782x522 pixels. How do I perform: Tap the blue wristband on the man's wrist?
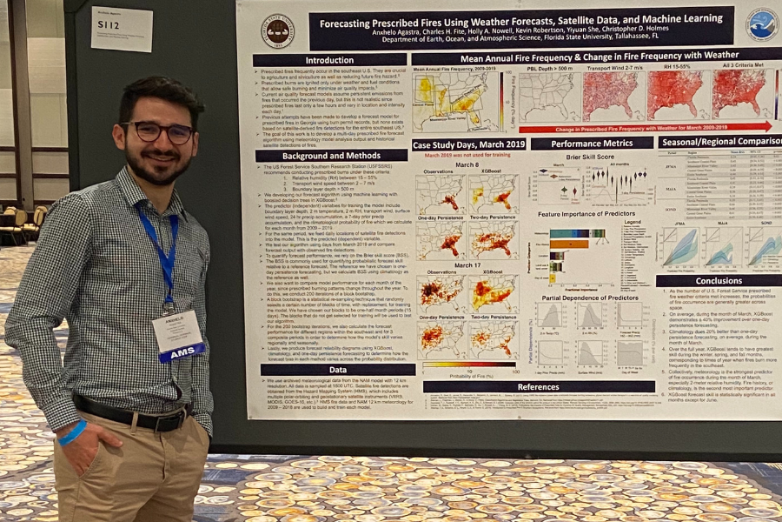73,432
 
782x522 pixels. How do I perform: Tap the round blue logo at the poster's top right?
761,25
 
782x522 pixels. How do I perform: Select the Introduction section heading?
329,61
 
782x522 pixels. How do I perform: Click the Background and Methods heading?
331,156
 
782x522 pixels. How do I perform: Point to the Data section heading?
338,369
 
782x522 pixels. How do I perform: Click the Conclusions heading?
718,280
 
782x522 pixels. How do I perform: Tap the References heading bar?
539,386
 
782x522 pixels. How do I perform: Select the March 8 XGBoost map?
494,192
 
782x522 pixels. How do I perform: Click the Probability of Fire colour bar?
469,365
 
